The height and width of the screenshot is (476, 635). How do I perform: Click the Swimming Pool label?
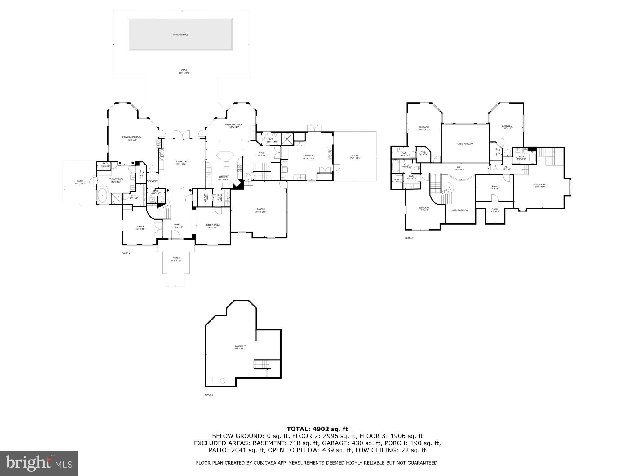click(x=180, y=35)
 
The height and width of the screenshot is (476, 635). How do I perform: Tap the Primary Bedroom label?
click(x=132, y=137)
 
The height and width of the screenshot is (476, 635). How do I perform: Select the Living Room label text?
click(x=181, y=161)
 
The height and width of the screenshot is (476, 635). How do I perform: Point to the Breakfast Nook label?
click(x=234, y=125)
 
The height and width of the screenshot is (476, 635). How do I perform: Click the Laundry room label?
click(x=308, y=156)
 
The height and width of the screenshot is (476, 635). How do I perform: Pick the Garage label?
click(x=260, y=209)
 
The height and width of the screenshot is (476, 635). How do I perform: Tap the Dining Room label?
click(x=213, y=225)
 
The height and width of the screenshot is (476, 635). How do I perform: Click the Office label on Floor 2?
click(x=141, y=226)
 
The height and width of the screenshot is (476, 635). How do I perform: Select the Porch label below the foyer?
click(x=176, y=258)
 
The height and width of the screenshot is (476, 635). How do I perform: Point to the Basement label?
click(x=240, y=346)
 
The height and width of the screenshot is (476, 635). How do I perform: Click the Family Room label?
click(x=540, y=185)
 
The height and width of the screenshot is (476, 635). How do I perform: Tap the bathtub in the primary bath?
click(x=103, y=196)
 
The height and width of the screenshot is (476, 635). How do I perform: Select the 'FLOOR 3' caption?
click(x=409, y=238)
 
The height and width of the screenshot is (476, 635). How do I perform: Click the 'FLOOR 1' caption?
click(x=209, y=395)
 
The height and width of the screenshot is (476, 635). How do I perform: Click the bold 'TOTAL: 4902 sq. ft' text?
click(x=317, y=429)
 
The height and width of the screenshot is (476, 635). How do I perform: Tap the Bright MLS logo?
click(x=38, y=463)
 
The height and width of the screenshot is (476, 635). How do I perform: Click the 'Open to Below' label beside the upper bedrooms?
click(x=465, y=144)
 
